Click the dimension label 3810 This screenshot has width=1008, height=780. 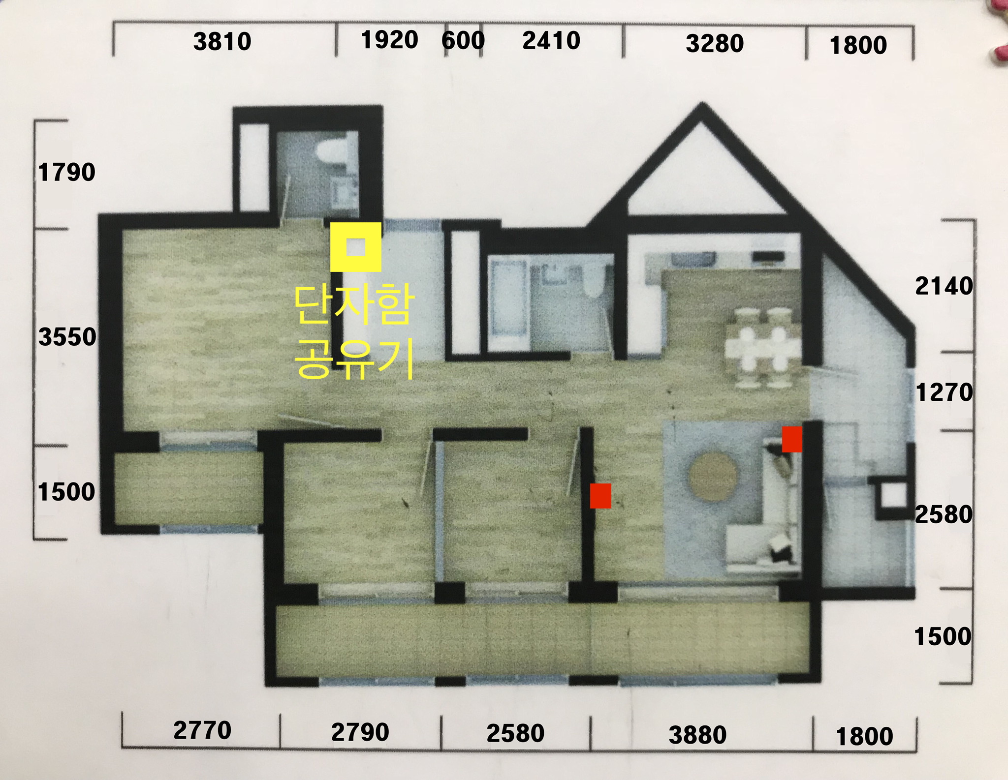click(222, 41)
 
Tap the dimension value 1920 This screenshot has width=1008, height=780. click(389, 40)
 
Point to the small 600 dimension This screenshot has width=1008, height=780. click(463, 40)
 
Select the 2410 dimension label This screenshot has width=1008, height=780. click(551, 40)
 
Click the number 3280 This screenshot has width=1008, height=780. click(715, 43)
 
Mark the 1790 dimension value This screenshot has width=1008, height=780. click(66, 173)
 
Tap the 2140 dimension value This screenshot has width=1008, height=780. click(944, 286)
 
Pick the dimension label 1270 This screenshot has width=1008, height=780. click(945, 392)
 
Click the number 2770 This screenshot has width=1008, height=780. click(202, 730)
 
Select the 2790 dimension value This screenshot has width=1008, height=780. click(360, 732)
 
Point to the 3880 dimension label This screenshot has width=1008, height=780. click(697, 735)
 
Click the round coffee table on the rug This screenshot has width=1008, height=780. click(713, 477)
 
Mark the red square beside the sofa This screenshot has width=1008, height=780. click(792, 439)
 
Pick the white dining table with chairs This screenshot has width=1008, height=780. click(762, 347)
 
